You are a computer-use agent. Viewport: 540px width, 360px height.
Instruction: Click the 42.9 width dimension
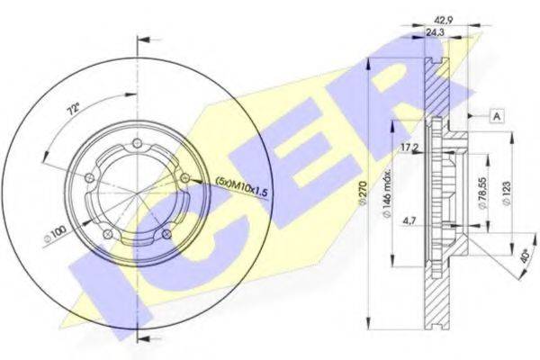click(440, 20)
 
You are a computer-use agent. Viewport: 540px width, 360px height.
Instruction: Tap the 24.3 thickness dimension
click(435, 32)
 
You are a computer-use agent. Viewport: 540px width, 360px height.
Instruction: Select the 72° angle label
click(73, 111)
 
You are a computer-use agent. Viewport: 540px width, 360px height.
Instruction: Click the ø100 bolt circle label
click(54, 236)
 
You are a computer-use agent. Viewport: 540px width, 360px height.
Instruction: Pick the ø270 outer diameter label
click(362, 193)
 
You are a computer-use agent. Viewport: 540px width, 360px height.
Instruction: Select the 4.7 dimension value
click(409, 220)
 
